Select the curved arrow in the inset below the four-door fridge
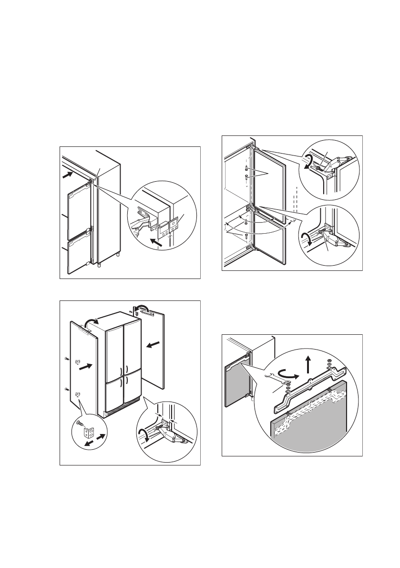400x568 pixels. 142,434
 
